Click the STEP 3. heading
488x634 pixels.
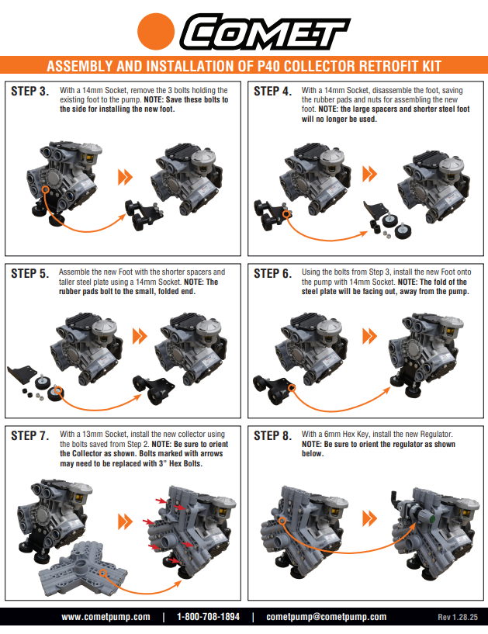click(31, 92)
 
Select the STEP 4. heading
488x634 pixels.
click(273, 92)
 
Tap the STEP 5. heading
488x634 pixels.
click(31, 273)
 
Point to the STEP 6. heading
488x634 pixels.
click(273, 273)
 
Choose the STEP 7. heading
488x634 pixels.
click(31, 435)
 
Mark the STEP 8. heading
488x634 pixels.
click(273, 435)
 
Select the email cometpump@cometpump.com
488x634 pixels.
click(326, 617)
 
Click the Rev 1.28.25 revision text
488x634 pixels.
click(459, 618)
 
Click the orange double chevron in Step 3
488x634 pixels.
click(124, 177)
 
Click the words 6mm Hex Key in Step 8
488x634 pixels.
click(343, 435)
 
